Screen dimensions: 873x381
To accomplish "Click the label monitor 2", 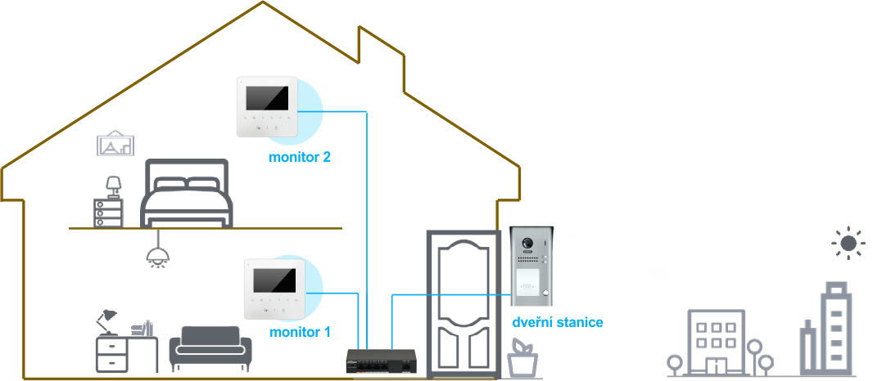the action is click(300, 158).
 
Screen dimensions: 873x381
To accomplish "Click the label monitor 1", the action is click(300, 333).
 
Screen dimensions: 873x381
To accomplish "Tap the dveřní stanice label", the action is click(558, 322).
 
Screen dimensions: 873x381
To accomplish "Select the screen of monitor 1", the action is click(275, 280).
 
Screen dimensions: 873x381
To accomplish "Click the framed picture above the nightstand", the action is click(115, 144).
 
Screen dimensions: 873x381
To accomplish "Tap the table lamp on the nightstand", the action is click(114, 187).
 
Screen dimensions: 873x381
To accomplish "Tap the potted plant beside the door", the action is click(522, 360).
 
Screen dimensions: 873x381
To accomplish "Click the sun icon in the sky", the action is click(848, 243).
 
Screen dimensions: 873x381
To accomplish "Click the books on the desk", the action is click(142, 329).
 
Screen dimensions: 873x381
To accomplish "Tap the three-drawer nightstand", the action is click(108, 213).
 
